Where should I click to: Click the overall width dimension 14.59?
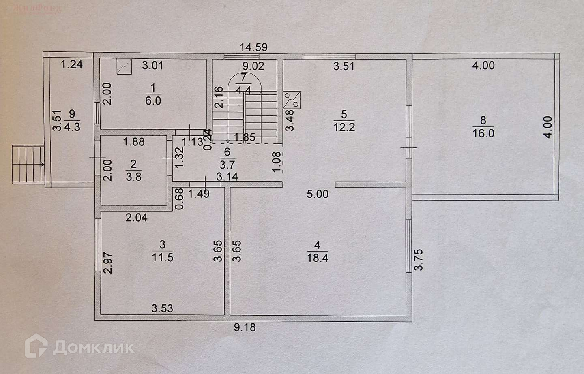(x=253, y=47)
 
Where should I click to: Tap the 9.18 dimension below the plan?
(x=245, y=327)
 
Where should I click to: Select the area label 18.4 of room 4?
(x=318, y=257)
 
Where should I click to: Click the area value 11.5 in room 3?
(x=162, y=257)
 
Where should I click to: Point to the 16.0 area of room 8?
(x=483, y=133)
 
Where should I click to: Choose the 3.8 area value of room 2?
(x=133, y=177)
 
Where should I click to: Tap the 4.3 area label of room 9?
(x=72, y=126)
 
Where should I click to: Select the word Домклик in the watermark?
(x=93, y=347)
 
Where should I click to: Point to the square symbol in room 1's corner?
(x=124, y=66)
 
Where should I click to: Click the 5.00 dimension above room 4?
(x=318, y=194)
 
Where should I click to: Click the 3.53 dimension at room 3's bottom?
(x=162, y=308)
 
